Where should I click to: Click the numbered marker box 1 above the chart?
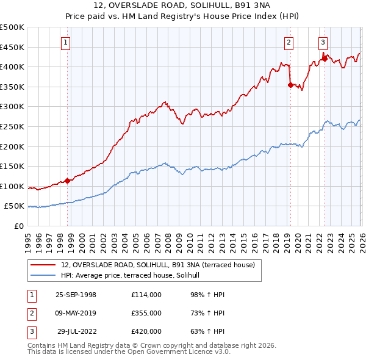click(x=65, y=42)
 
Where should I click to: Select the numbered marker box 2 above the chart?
click(x=288, y=42)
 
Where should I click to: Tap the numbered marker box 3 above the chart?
click(x=323, y=42)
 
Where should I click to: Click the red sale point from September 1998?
click(x=68, y=181)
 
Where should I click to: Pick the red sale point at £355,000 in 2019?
click(x=290, y=85)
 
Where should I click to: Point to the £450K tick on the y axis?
click(x=12, y=47)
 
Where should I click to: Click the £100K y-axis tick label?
click(x=12, y=186)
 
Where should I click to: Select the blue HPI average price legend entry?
click(x=135, y=276)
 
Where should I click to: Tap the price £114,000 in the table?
click(x=146, y=295)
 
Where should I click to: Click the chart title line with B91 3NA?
click(x=183, y=5)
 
